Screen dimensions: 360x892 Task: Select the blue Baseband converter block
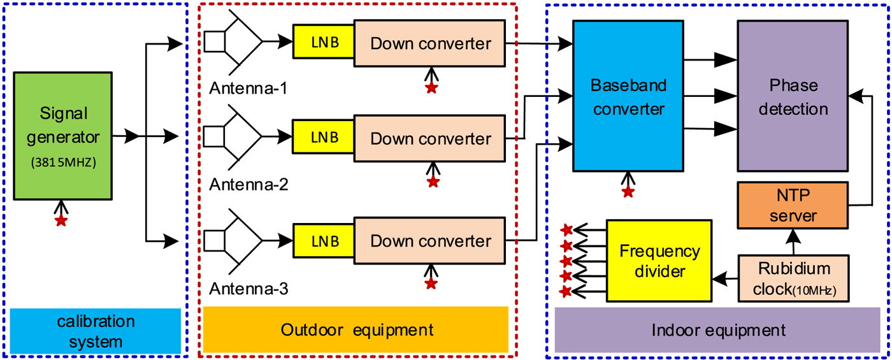[628, 96]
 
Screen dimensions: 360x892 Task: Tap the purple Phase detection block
[793, 96]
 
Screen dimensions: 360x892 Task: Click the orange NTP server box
[793, 205]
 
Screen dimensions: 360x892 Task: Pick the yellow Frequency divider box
[658, 261]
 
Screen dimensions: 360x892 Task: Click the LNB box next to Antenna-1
[323, 43]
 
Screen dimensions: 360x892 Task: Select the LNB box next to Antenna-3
[323, 241]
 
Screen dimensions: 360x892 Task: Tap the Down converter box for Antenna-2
[431, 138]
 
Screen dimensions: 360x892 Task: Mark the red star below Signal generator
[61, 220]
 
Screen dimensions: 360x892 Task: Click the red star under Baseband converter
[628, 191]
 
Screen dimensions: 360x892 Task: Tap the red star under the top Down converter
[431, 88]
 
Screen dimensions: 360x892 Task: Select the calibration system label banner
[96, 331]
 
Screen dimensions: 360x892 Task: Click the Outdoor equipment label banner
[356, 329]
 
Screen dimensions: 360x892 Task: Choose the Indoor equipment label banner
[718, 331]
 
